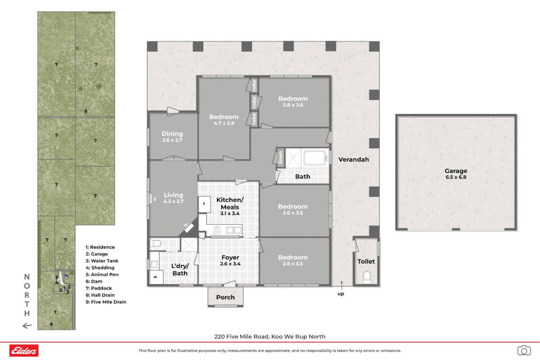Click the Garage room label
coord(456,171)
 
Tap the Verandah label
coord(353,159)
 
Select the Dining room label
coord(172,134)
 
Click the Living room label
coord(173,195)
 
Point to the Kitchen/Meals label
coord(230,203)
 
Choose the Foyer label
coord(230,258)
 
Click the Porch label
coord(225,297)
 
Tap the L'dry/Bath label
coord(180,269)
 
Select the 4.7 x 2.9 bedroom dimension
coord(224,123)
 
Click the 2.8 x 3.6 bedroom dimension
coord(293,105)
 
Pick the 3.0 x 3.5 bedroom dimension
coord(293,213)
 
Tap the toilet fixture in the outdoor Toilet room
coord(366,277)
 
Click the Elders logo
coord(24,350)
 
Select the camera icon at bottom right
coord(524,350)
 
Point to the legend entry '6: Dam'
coord(94,282)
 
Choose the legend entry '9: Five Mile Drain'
coord(106,302)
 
